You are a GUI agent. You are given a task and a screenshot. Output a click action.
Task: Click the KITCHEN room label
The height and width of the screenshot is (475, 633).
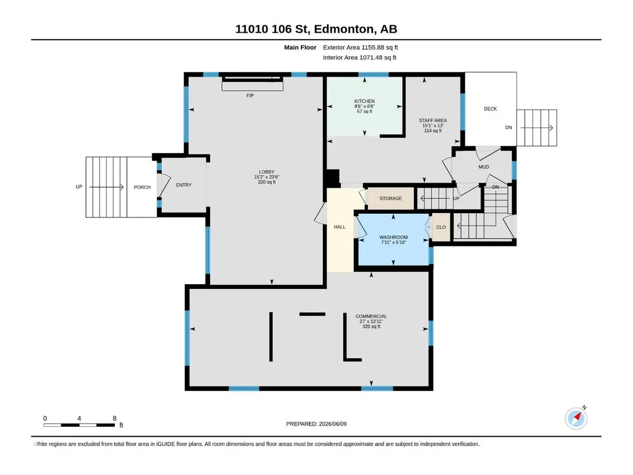tap(364, 101)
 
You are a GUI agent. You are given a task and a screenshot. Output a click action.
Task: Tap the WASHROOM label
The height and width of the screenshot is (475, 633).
tap(393, 237)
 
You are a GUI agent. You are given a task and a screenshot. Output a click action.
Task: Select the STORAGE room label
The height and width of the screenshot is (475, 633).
tap(390, 198)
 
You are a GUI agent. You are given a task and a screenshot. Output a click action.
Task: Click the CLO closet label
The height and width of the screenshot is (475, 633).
tap(441, 227)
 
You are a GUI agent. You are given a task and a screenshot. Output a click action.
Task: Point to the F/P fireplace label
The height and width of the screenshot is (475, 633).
tap(250, 96)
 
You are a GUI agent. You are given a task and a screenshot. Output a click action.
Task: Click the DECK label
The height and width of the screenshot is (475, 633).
tap(490, 109)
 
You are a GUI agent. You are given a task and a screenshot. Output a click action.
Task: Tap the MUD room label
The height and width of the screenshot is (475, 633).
tap(484, 167)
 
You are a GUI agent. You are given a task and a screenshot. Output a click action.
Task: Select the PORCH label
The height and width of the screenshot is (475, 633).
tap(142, 187)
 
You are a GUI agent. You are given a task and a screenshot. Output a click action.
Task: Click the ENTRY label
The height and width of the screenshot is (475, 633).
tap(183, 185)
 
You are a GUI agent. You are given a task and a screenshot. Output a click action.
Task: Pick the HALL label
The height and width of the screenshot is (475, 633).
tap(340, 227)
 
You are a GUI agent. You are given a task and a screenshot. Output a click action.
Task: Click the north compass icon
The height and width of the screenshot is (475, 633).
tap(576, 418)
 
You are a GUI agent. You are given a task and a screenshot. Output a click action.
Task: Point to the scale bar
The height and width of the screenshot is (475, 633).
tap(79, 425)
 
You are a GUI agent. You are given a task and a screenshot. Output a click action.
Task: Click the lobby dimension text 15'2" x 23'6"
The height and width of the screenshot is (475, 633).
tap(266, 177)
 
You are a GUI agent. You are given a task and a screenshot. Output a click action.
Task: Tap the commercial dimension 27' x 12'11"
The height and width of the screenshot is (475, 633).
tap(371, 321)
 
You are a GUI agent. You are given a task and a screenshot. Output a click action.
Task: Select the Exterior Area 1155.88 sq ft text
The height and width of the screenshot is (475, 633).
tap(361, 48)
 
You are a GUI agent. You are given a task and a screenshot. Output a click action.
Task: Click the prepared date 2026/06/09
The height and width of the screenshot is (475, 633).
tap(333, 424)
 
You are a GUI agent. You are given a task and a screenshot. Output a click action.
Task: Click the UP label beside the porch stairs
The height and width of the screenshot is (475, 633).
tap(79, 187)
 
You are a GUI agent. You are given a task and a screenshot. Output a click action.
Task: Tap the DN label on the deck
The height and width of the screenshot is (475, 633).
tap(509, 127)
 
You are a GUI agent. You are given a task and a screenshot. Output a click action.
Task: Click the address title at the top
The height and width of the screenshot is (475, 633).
tap(316, 29)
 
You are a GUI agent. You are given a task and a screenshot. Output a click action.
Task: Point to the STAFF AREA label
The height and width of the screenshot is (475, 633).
tap(433, 120)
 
